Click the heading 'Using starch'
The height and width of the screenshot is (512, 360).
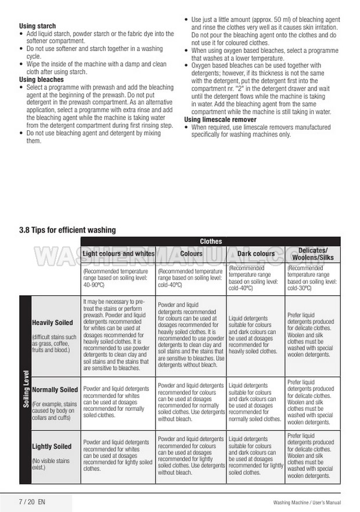tap(38, 26)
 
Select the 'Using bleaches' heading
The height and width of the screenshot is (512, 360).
tap(41, 79)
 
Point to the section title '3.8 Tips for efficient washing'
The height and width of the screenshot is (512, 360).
tap(67, 230)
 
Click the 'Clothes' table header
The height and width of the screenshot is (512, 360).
tap(211, 241)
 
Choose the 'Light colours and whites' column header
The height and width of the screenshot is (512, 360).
tap(118, 253)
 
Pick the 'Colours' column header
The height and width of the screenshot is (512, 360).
tap(191, 253)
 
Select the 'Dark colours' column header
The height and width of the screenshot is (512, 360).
tap(255, 253)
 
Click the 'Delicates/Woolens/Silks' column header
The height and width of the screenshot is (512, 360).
tap(313, 253)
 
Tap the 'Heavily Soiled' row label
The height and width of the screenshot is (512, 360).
tap(52, 323)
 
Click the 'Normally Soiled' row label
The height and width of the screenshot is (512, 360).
tap(55, 389)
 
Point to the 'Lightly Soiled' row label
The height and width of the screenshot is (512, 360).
tap(52, 446)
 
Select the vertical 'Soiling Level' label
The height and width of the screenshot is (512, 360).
tap(25, 389)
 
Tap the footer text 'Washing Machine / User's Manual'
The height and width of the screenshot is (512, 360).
tap(307, 502)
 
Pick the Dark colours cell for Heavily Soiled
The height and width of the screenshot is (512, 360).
tap(255, 335)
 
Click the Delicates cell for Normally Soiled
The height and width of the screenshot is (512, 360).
tap(313, 402)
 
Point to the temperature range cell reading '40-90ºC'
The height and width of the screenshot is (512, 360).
tap(118, 278)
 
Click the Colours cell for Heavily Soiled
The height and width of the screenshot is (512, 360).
tap(191, 335)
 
